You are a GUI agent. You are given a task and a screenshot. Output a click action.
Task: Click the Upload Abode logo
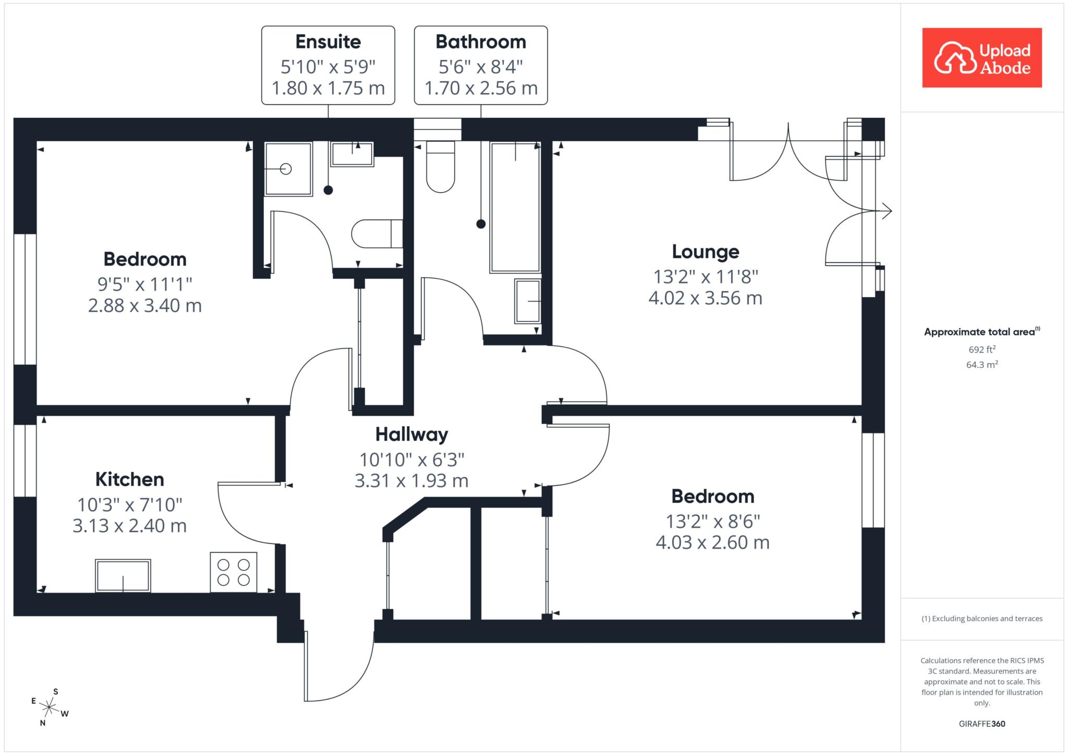(982, 58)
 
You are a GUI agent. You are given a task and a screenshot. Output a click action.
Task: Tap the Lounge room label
(705, 252)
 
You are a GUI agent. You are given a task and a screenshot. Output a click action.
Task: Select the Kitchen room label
(130, 479)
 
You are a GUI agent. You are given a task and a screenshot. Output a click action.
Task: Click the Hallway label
(411, 435)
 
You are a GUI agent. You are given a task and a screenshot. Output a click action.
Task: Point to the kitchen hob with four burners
(234, 572)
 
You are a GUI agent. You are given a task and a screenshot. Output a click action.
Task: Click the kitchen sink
(123, 576)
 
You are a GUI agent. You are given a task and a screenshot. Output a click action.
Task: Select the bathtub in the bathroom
(515, 207)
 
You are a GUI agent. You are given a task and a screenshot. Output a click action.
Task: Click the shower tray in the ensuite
(288, 169)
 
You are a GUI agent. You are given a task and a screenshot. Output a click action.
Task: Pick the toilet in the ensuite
(377, 234)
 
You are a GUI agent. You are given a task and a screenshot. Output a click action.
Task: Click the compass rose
(50, 707)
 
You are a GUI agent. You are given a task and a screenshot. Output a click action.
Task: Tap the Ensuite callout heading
(328, 42)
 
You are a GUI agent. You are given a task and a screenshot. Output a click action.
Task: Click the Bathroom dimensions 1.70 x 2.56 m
(481, 88)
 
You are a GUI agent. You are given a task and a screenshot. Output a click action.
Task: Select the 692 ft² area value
(982, 349)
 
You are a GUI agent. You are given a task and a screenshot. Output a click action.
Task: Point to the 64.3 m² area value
(982, 364)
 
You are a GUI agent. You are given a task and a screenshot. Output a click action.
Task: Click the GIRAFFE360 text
(982, 724)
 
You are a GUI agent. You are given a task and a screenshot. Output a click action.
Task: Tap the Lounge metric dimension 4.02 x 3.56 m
(705, 298)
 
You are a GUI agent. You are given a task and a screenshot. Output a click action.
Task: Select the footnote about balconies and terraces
(982, 618)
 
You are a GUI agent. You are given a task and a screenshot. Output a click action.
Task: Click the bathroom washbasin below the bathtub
(528, 301)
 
